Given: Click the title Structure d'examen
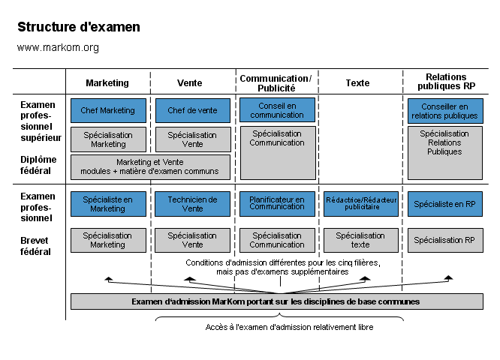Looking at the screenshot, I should click(x=79, y=28).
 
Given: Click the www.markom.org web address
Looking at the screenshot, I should click(x=58, y=48).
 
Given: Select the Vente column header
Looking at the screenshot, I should click(x=189, y=83).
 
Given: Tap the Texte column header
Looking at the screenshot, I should click(x=357, y=83).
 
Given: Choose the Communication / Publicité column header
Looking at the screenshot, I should click(x=275, y=83).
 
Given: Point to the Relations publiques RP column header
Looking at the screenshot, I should click(x=446, y=82).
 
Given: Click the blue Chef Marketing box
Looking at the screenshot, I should click(x=107, y=110).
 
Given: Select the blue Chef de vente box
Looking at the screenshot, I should click(x=192, y=110).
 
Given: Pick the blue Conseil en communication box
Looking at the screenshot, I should click(x=277, y=110).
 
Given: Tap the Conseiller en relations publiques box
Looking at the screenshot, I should click(x=445, y=111).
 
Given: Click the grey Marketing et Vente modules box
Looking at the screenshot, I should click(x=150, y=166).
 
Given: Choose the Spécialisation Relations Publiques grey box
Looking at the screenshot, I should click(x=445, y=153).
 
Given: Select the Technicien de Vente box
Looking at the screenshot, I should click(x=192, y=204).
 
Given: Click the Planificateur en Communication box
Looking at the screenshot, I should click(x=277, y=204).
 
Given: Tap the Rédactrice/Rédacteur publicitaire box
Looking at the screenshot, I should click(x=361, y=204).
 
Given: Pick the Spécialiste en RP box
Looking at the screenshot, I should click(x=445, y=204).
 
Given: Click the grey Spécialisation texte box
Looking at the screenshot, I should click(x=361, y=240).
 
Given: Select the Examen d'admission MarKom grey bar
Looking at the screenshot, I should click(x=277, y=301).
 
